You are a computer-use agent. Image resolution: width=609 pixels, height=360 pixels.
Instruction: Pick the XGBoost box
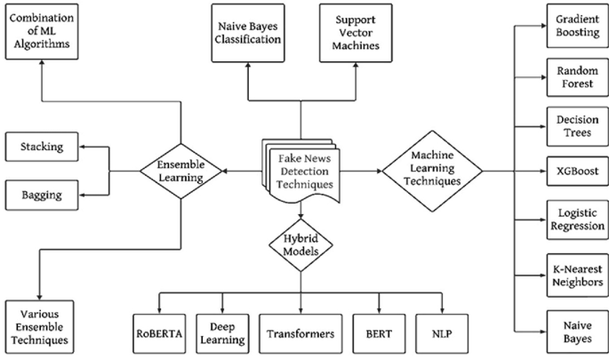point(569,168)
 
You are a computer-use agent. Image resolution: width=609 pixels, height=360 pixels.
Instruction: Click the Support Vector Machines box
point(354,33)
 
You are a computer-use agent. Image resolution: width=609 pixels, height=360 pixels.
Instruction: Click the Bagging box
point(42,190)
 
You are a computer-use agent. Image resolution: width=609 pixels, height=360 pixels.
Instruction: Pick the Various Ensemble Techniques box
point(41,324)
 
